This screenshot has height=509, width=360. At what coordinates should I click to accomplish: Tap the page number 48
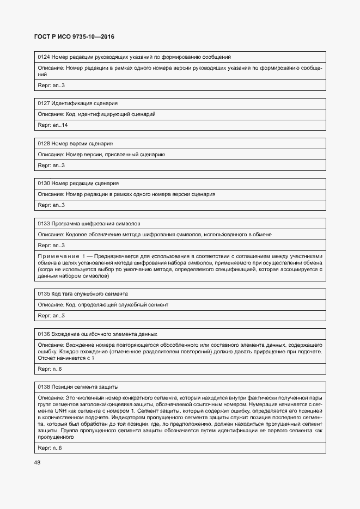pyautogui.click(x=38, y=462)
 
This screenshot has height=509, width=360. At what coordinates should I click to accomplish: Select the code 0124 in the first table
pyautogui.click(x=44, y=57)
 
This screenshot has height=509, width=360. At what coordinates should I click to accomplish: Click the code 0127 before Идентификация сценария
pyautogui.click(x=44, y=103)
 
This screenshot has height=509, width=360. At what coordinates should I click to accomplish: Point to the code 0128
pyautogui.click(x=44, y=144)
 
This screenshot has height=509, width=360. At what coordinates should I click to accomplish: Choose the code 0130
pyautogui.click(x=44, y=183)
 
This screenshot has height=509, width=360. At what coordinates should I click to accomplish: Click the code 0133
pyautogui.click(x=44, y=224)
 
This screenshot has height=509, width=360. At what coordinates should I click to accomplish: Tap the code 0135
pyautogui.click(x=44, y=293)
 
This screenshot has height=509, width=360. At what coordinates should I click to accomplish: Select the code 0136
pyautogui.click(x=44, y=334)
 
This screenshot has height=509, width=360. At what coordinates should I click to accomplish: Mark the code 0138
pyautogui.click(x=44, y=387)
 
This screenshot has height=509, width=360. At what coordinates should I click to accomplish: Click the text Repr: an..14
pyautogui.click(x=53, y=125)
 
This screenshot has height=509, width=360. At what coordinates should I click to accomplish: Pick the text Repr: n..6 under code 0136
pyautogui.click(x=50, y=369)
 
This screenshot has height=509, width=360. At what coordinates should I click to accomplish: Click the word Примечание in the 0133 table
pyautogui.click(x=58, y=256)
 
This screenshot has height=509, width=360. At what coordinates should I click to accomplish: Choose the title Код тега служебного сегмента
pyautogui.click(x=90, y=293)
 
